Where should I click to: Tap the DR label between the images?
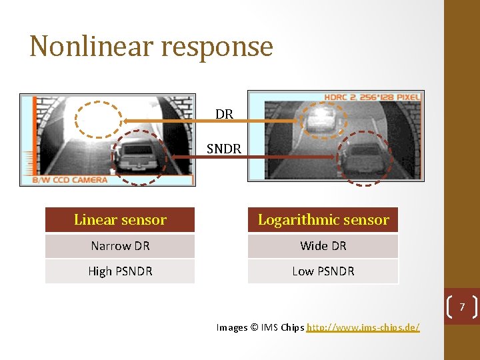(x=224, y=114)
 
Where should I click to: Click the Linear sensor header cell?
(x=120, y=220)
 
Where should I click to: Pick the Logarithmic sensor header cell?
(x=323, y=220)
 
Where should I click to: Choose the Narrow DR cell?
(x=120, y=246)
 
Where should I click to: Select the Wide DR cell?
(x=323, y=246)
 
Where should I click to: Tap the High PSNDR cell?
(x=120, y=271)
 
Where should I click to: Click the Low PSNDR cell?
(x=323, y=271)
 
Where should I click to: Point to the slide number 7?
(x=461, y=307)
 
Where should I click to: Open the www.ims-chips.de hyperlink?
(x=363, y=327)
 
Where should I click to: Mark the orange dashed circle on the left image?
(x=99, y=121)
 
